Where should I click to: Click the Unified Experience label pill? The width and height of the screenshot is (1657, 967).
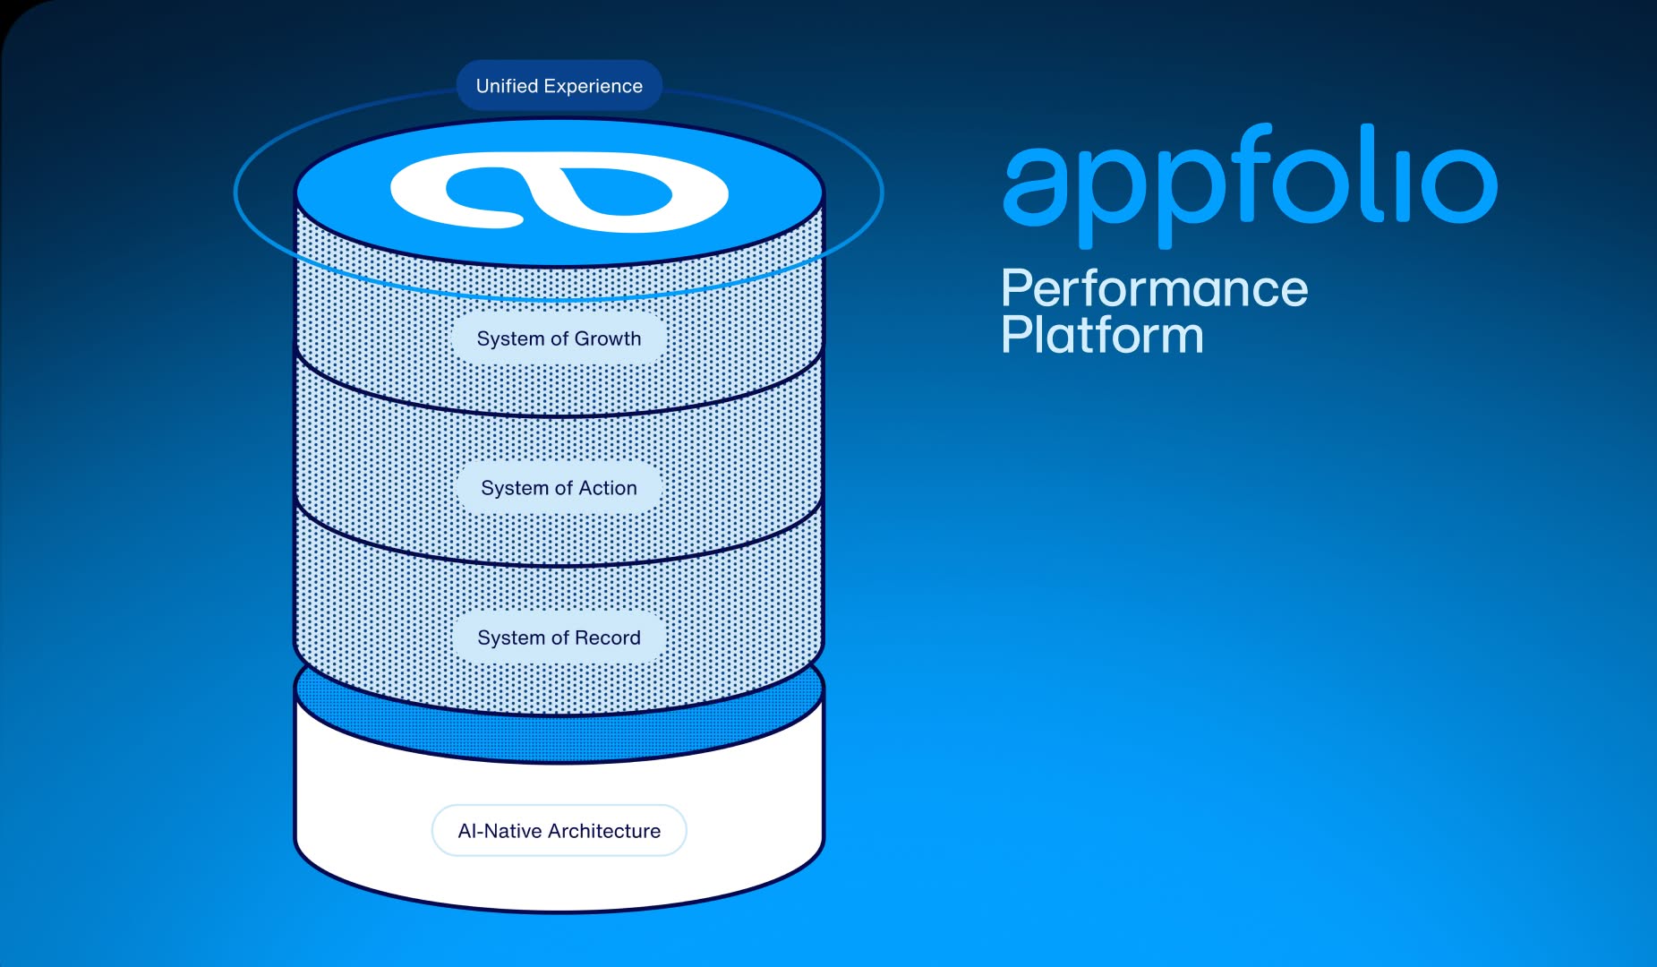[559, 86]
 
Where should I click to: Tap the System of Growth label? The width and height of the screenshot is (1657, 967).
[559, 338]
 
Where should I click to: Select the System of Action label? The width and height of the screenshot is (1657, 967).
[559, 488]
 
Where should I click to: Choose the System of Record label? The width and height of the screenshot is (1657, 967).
[559, 638]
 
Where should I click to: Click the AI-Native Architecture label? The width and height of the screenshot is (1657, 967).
[559, 831]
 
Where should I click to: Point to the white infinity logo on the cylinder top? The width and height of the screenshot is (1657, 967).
[559, 193]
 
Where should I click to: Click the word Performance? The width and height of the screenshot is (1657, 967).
[1154, 289]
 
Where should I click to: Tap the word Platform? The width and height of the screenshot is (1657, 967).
[1102, 336]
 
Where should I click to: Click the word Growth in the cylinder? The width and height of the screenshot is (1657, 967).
[608, 338]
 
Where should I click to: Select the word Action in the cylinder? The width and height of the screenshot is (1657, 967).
[608, 488]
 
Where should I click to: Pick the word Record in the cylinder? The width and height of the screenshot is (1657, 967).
[608, 638]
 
